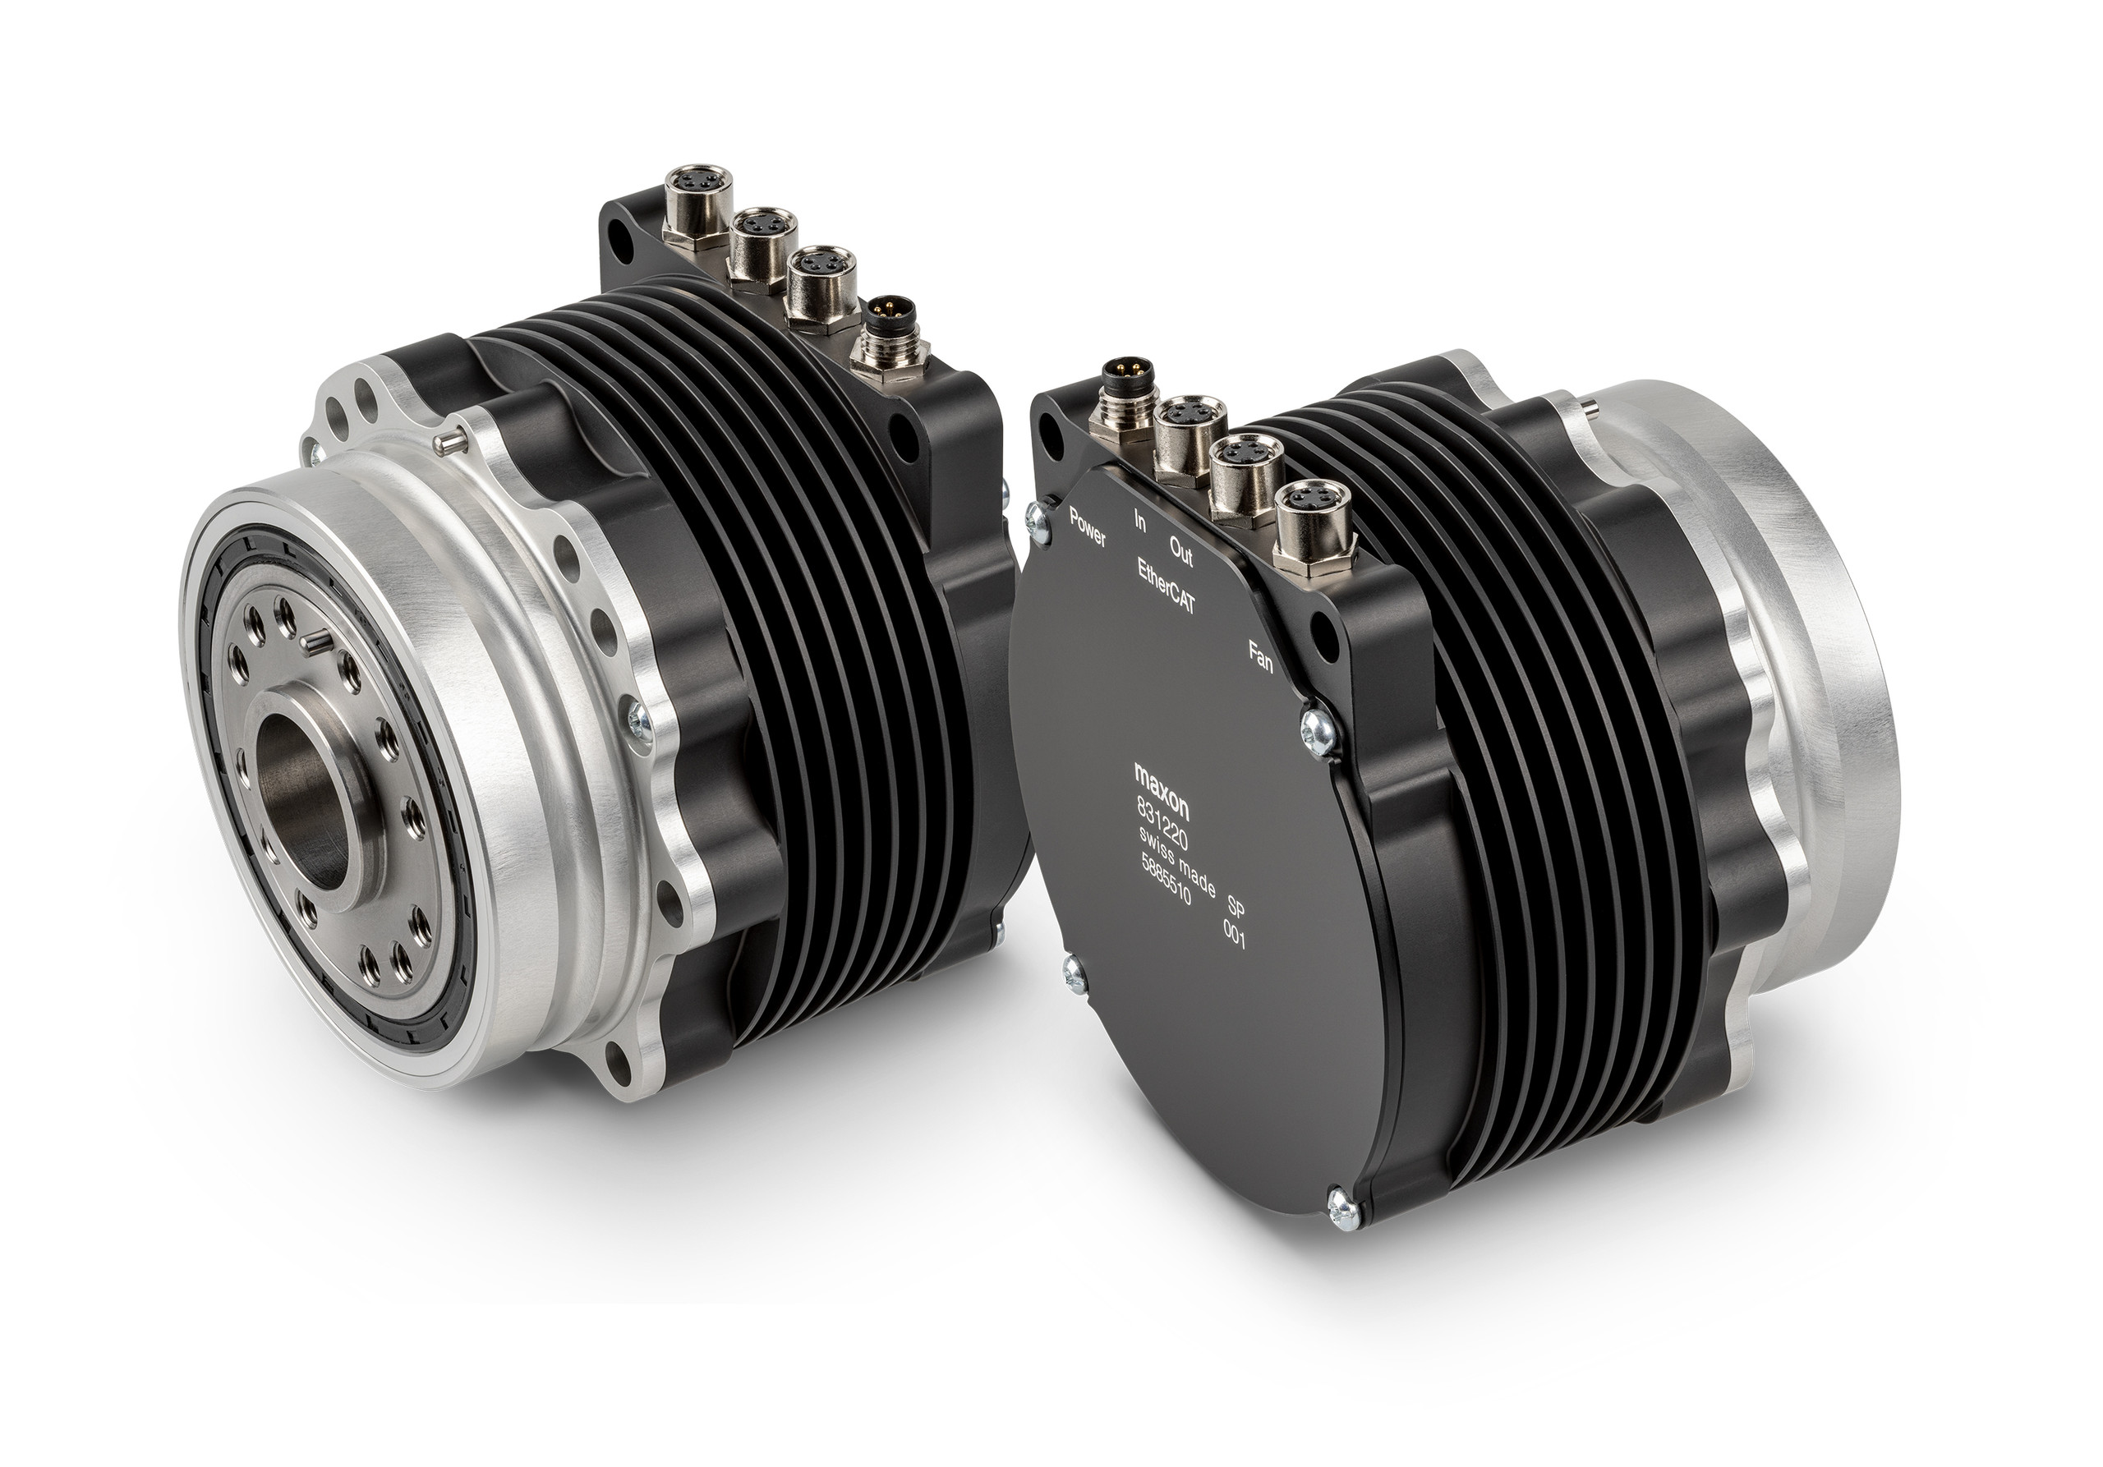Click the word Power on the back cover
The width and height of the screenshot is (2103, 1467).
[x=1088, y=523]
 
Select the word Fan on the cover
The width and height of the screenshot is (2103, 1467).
[x=1262, y=655]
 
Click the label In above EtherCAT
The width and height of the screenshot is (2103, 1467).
[x=1140, y=522]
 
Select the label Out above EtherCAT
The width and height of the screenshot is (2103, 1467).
[x=1181, y=545]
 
